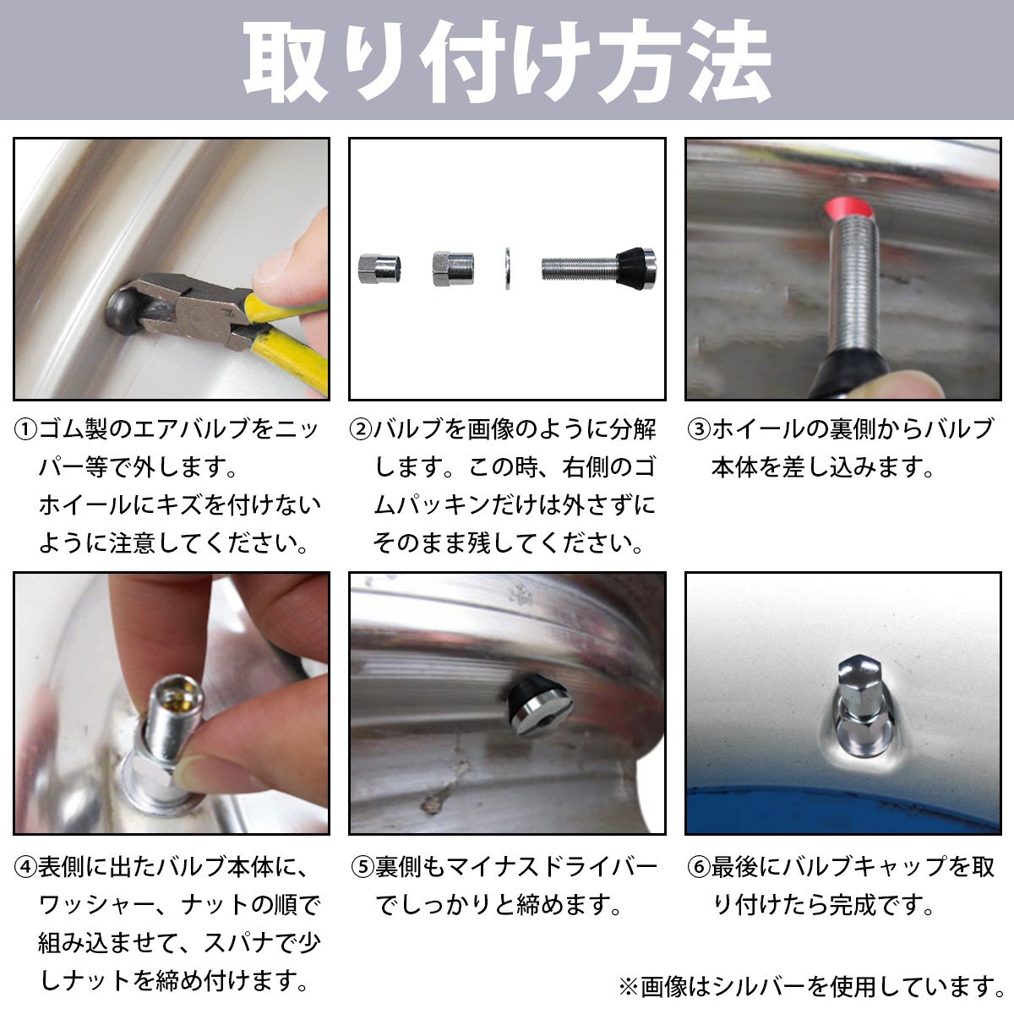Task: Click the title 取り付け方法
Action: tap(507, 61)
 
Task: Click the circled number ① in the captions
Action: tap(26, 429)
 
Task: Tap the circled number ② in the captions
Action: tap(362, 429)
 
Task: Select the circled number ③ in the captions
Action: tap(700, 429)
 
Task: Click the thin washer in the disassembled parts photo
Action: tap(508, 268)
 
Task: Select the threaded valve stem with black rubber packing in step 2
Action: tap(599, 268)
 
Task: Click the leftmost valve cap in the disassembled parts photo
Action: tap(379, 269)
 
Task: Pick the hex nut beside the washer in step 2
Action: tap(453, 269)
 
